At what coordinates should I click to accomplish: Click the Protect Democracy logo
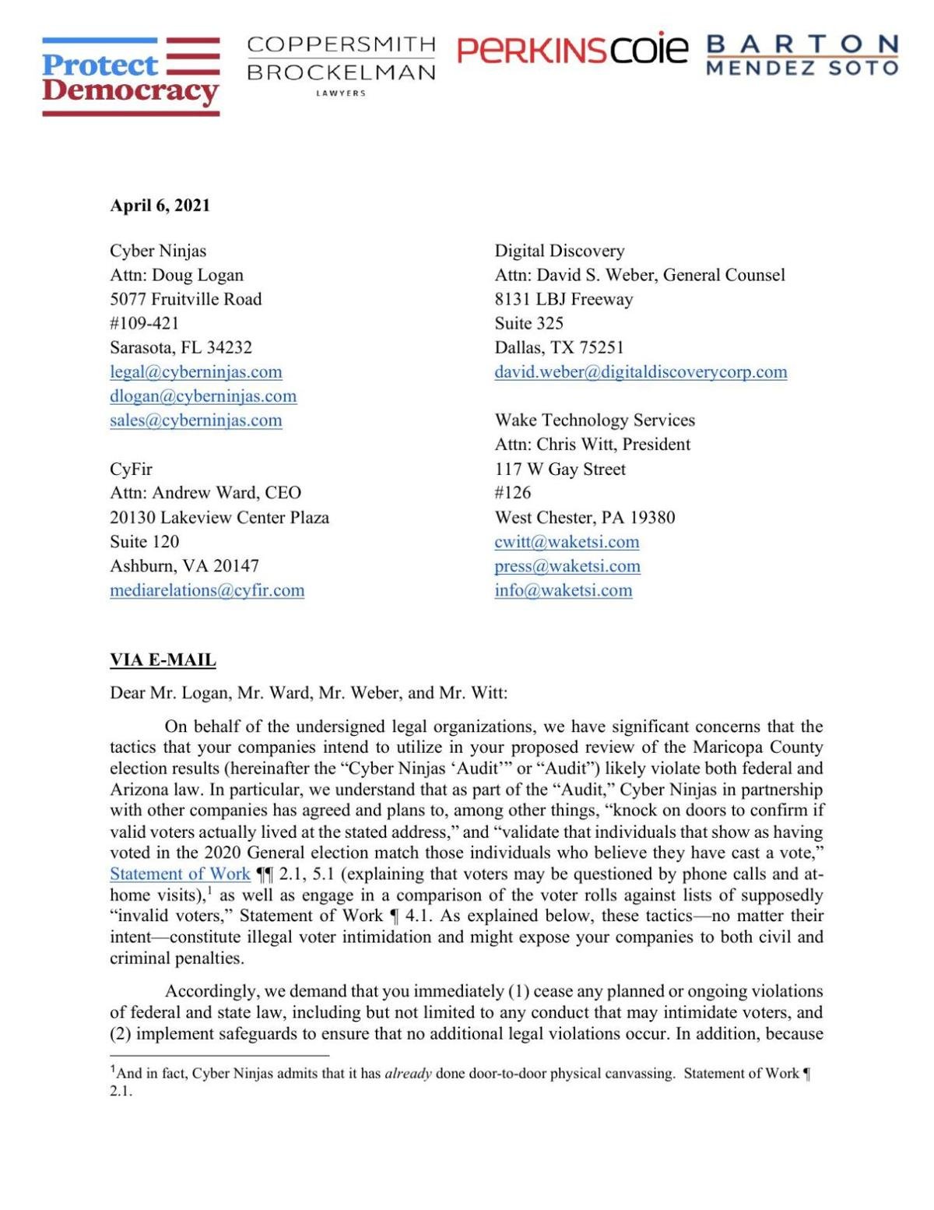[130, 77]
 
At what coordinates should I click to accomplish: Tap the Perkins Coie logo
[573, 50]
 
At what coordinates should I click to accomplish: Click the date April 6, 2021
[160, 206]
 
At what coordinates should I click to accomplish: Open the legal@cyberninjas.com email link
[195, 372]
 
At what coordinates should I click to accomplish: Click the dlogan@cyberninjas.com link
[202, 396]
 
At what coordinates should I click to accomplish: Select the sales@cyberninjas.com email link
[195, 420]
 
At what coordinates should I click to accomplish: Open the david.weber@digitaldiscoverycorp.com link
[641, 372]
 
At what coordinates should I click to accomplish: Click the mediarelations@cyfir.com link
[207, 590]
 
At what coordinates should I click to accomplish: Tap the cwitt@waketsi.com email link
[567, 542]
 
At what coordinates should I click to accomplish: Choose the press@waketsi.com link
[567, 566]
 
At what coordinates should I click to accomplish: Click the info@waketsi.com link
[563, 590]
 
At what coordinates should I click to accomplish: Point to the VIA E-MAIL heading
[163, 660]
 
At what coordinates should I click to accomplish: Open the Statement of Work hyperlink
[180, 874]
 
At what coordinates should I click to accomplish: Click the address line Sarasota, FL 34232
[181, 347]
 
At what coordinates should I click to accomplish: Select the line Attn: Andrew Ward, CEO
[205, 493]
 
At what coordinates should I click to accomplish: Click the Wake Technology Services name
[595, 420]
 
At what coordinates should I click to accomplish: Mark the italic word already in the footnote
[408, 1074]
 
